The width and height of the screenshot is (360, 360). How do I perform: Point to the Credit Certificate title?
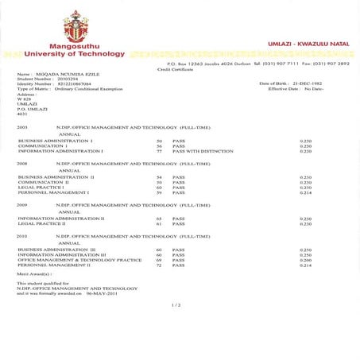coord(175,69)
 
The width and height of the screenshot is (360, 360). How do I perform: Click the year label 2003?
coord(22,127)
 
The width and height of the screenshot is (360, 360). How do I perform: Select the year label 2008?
coord(22,163)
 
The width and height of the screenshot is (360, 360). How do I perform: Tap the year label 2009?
coord(22,205)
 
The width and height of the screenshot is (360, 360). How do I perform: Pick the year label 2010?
coord(22,236)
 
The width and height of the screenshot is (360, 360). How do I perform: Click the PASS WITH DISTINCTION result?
coord(199,151)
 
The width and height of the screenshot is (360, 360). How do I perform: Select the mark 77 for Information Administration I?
coord(159,151)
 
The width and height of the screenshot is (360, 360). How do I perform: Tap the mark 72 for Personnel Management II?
coord(159,265)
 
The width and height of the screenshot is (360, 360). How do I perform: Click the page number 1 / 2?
coord(176,304)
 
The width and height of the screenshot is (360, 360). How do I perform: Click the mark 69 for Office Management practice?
coord(159,260)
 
